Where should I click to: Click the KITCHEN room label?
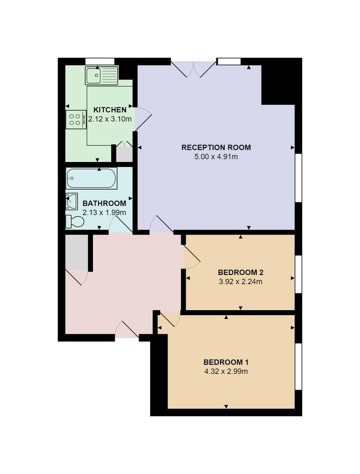tap(110, 110)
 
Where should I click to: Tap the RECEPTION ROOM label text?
tap(216, 148)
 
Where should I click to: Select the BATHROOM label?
tap(104, 203)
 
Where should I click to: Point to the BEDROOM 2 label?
tap(240, 272)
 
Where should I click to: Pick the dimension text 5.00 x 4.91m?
tap(216, 157)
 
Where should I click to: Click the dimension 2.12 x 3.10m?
tap(110, 119)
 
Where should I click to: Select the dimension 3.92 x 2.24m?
tap(240, 281)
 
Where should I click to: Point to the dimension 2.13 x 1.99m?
tap(104, 212)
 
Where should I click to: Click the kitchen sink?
tap(101, 75)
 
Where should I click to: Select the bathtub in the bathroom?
tap(91, 178)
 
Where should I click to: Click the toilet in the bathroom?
tap(74, 222)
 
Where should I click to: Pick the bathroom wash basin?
tap(72, 201)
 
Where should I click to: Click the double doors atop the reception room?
tap(194, 69)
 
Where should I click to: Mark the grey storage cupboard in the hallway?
tap(76, 252)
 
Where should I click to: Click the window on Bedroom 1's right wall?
tap(299, 366)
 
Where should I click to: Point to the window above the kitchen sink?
tap(100, 61)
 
